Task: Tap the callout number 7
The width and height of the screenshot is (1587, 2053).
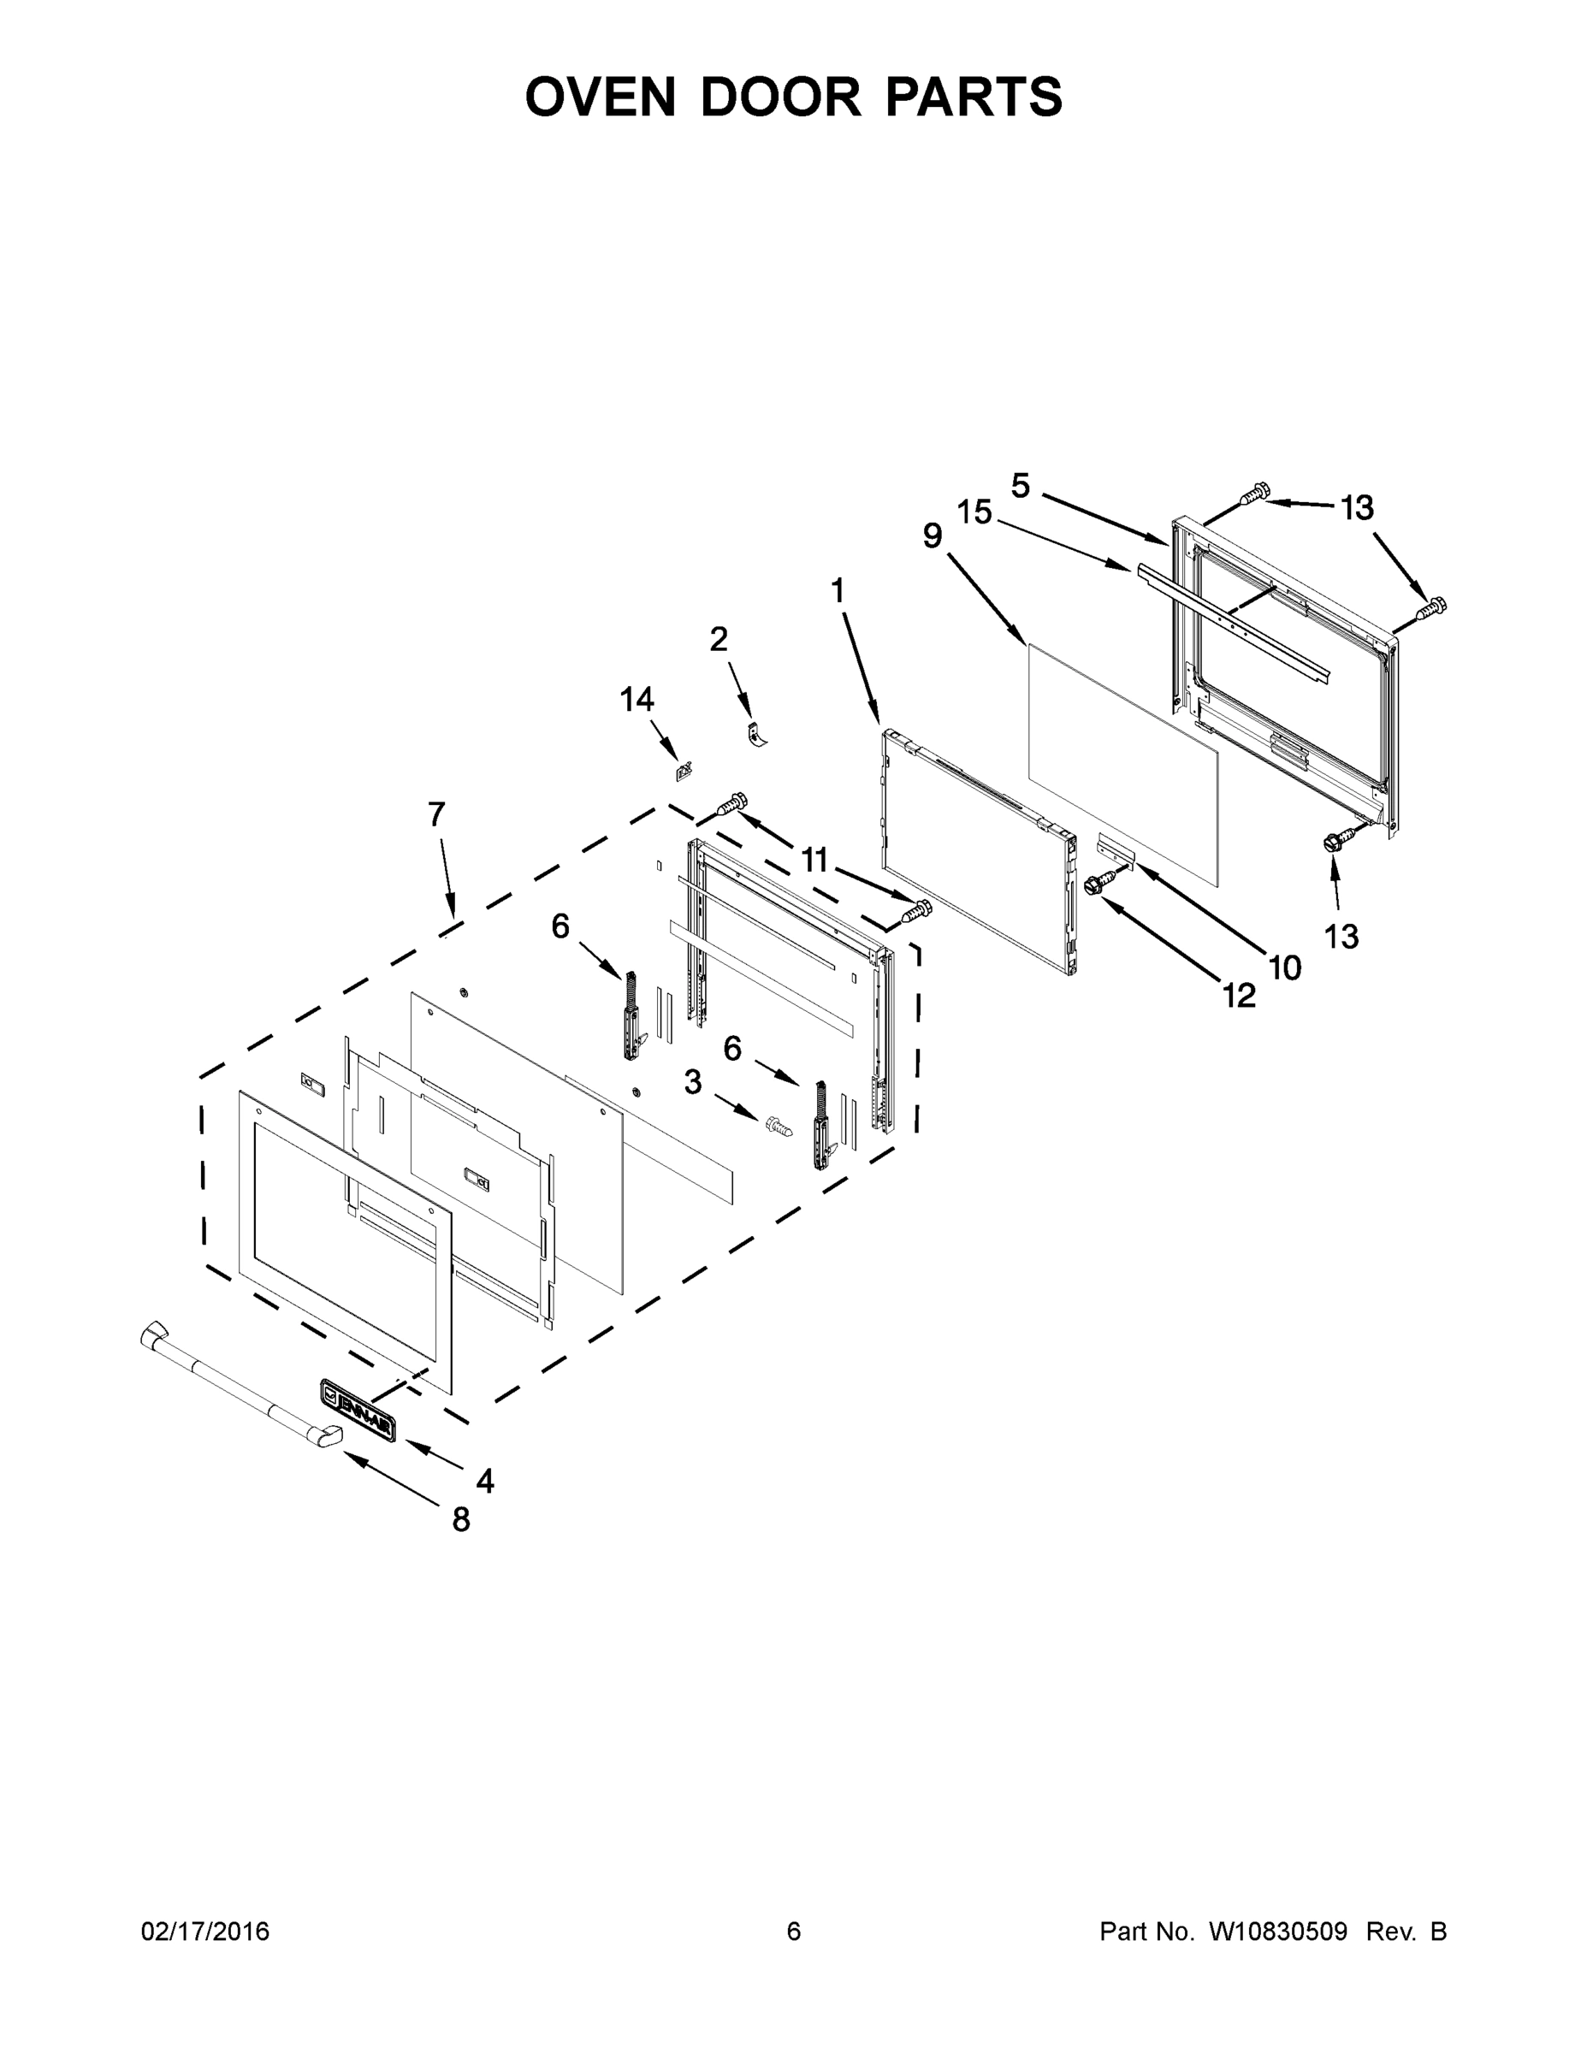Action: [x=436, y=814]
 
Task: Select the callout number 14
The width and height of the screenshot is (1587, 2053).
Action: [x=637, y=700]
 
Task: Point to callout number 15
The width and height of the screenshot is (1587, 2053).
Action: [x=975, y=512]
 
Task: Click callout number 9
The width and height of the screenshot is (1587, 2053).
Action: [x=932, y=535]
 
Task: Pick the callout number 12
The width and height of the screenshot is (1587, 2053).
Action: [x=1239, y=996]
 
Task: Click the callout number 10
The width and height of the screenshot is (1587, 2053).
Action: [x=1284, y=967]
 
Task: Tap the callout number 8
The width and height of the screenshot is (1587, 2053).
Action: [x=460, y=1520]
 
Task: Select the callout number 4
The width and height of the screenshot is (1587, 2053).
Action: [x=484, y=1482]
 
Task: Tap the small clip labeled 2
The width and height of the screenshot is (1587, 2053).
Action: [x=756, y=734]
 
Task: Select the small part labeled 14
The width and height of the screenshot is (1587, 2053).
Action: [x=684, y=772]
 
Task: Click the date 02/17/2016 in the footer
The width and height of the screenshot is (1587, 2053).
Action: [x=205, y=1931]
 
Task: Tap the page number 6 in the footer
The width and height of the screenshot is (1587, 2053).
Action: [x=794, y=1931]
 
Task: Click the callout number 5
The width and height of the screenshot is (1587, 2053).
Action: [x=1021, y=486]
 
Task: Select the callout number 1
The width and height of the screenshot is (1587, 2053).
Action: [x=838, y=591]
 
